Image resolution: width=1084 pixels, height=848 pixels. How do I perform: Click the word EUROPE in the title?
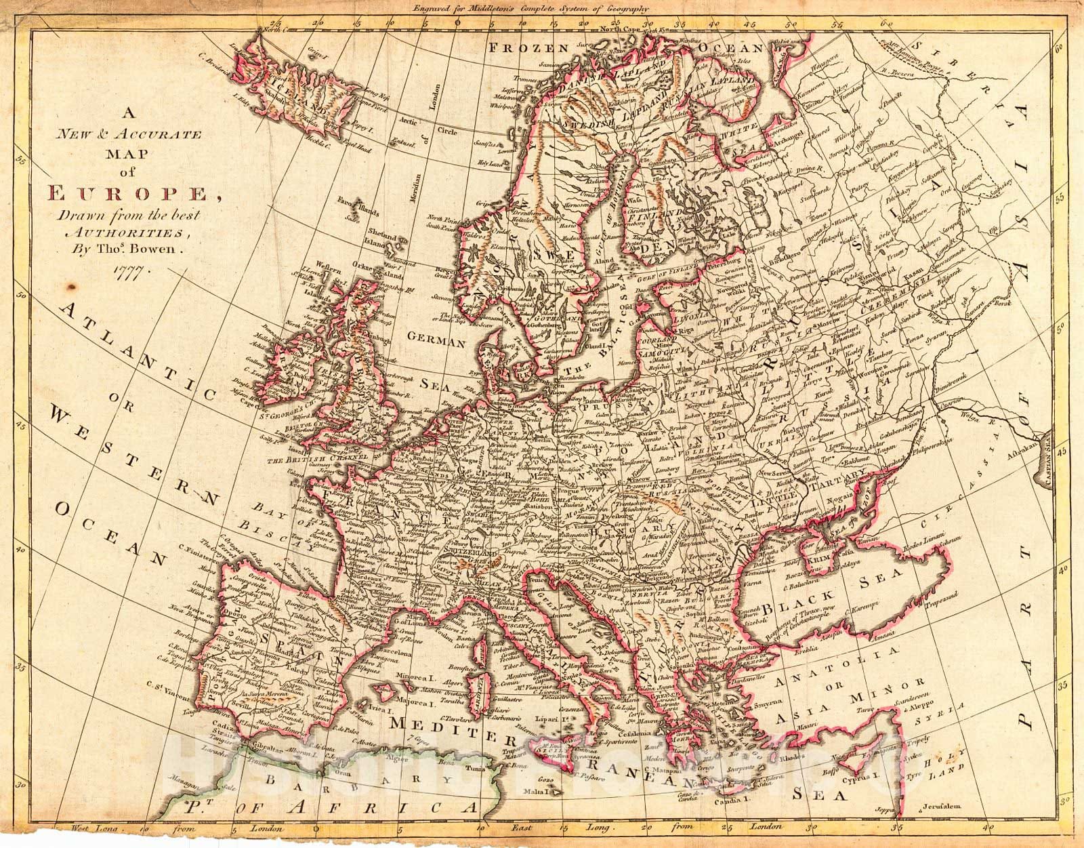tap(128, 195)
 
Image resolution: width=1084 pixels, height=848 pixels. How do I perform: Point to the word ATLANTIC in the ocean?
tap(135, 352)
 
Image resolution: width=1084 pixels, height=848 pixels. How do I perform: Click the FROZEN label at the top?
tap(529, 48)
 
